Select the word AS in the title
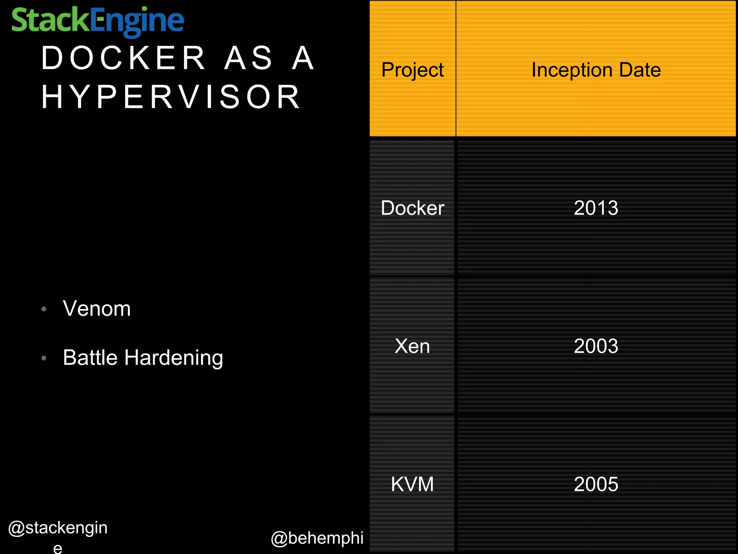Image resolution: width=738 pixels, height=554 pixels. tap(249, 58)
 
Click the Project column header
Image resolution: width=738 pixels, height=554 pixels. tap(412, 70)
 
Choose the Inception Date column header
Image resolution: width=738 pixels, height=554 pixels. tap(596, 70)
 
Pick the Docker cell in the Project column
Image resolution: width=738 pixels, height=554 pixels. tap(412, 208)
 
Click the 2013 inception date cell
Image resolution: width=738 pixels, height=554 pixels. tap(596, 208)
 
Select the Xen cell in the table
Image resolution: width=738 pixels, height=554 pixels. tap(412, 346)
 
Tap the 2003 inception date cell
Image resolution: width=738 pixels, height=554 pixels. tap(596, 346)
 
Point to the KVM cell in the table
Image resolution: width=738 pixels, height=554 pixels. tap(412, 484)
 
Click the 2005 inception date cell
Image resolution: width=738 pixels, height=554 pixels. tap(596, 484)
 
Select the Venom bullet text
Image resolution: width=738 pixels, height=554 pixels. tap(97, 309)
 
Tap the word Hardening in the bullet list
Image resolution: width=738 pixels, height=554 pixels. tap(174, 358)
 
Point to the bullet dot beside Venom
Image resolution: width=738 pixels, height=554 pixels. tap(44, 309)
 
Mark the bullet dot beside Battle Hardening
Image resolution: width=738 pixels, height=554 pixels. tap(44, 358)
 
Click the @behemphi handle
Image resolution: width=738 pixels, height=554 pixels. tap(317, 538)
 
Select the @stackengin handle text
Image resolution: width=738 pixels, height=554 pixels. tap(58, 528)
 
